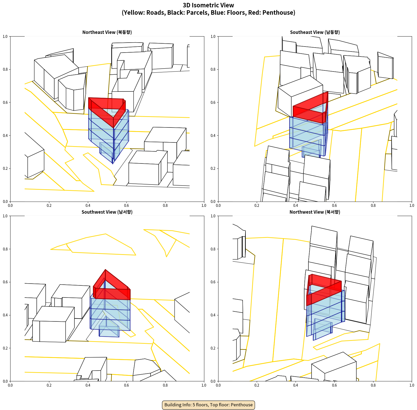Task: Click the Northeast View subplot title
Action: pyautogui.click(x=107, y=32)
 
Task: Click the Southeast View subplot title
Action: pyautogui.click(x=315, y=32)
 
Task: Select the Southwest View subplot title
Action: pyautogui.click(x=107, y=212)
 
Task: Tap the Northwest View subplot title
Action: pyautogui.click(x=315, y=212)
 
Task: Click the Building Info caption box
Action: pyautogui.click(x=208, y=405)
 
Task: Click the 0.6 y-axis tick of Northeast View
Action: pyautogui.click(x=5, y=102)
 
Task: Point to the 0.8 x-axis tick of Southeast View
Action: pyautogui.click(x=373, y=206)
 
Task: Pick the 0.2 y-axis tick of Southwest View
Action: pyautogui.click(x=5, y=348)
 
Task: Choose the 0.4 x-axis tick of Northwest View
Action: pyautogui.click(x=296, y=385)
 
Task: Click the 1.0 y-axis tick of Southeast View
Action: pyautogui.click(x=213, y=37)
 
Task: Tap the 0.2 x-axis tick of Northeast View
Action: pyautogui.click(x=49, y=206)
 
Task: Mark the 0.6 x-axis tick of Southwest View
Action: pyautogui.click(x=126, y=385)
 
